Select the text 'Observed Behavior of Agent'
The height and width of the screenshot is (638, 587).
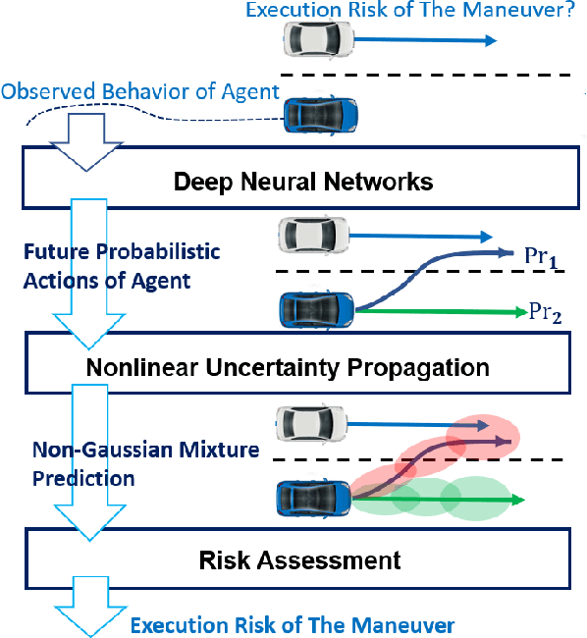coord(139,92)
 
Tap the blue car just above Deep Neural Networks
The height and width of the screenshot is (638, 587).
coord(320,114)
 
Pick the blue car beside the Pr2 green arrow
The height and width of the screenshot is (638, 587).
coord(316,308)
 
